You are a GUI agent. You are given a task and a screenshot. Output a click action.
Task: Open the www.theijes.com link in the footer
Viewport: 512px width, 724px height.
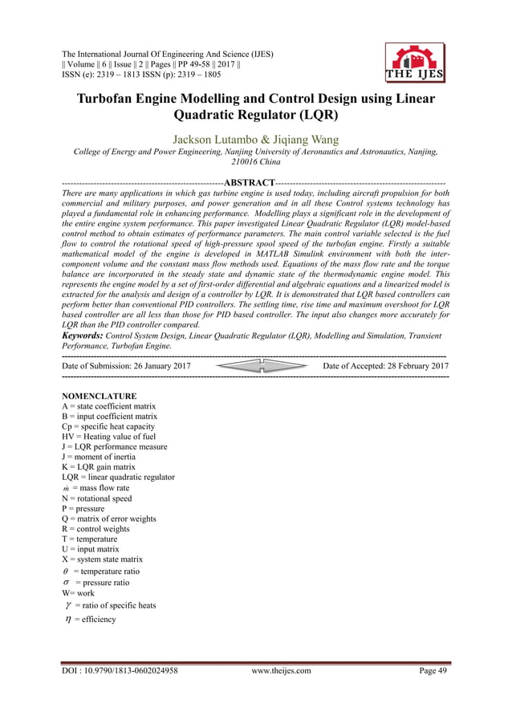[x=281, y=671]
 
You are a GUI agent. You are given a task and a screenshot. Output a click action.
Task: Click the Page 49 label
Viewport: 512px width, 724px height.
[x=433, y=671]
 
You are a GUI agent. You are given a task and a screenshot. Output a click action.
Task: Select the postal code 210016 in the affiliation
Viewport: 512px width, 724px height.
[x=242, y=161]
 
